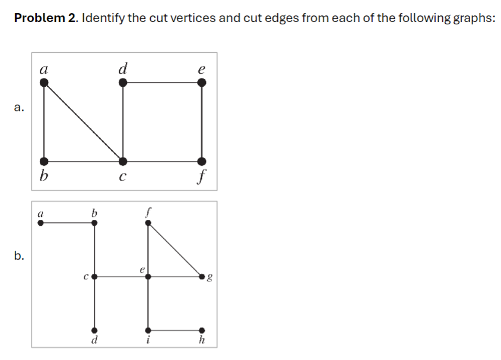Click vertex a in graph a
(44, 83)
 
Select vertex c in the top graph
(123, 161)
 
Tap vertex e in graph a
(202, 83)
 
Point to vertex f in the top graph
(202, 161)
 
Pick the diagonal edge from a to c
(83, 122)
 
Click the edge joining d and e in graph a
(162, 83)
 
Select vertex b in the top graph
(44, 161)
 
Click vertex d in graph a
(123, 83)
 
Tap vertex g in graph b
(202, 276)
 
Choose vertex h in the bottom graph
(202, 330)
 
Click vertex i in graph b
(148, 330)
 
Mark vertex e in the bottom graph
(148, 276)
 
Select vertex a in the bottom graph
(40, 223)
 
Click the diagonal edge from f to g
(175, 250)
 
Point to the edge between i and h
(175, 330)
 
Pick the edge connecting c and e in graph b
(121, 276)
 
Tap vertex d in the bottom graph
(94, 330)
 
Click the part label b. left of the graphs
(20, 256)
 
